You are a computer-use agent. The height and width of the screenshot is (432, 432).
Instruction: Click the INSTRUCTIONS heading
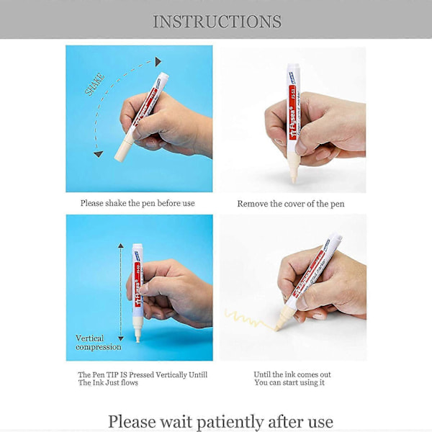pos(217,22)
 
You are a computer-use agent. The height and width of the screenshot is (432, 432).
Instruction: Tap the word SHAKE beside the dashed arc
pos(95,84)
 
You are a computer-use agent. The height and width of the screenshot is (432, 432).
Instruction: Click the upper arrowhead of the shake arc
pos(158,62)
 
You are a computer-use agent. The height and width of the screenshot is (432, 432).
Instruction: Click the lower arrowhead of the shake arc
pos(99,154)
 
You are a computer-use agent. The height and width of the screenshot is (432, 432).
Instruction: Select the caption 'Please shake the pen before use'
pos(138,203)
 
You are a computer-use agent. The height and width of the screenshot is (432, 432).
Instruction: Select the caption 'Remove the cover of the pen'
pos(291,204)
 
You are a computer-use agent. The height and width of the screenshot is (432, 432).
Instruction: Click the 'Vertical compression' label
pos(99,343)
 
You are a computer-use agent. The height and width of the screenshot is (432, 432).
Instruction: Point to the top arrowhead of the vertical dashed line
pos(121,246)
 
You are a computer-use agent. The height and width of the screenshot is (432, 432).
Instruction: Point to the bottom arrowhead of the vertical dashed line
pos(121,338)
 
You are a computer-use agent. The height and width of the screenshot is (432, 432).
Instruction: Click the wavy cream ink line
pos(249,320)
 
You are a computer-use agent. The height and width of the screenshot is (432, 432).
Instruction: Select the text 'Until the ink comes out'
pos(292,374)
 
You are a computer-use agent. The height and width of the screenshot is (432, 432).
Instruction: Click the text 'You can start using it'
pos(289,382)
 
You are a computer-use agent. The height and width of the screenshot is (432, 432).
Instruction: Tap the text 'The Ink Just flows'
pos(108,382)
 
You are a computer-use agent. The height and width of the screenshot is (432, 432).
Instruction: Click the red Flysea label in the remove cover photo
pos(292,110)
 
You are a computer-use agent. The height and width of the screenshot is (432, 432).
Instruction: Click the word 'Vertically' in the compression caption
pos(171,374)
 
